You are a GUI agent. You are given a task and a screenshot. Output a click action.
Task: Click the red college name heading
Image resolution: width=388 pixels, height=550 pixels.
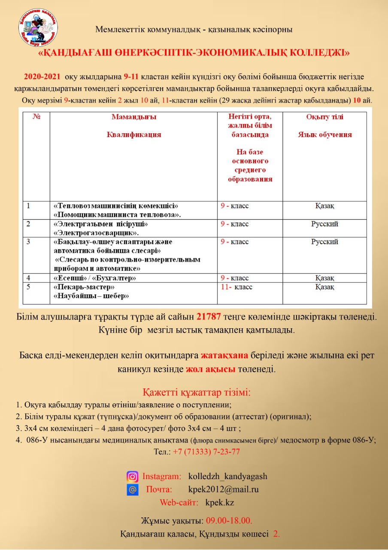[194, 53]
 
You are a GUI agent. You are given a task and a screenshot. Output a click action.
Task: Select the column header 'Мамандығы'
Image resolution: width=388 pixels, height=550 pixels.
[134, 117]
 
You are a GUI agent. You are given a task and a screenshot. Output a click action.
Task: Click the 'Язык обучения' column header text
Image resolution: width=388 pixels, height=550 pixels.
[324, 134]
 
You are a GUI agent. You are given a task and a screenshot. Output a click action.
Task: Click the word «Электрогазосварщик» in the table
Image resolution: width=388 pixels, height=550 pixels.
[95, 233]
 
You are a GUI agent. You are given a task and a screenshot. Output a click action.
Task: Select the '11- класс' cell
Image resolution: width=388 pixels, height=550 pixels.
[236, 287]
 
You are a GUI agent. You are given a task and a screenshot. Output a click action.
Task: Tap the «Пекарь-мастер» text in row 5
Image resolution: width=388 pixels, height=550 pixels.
[84, 287]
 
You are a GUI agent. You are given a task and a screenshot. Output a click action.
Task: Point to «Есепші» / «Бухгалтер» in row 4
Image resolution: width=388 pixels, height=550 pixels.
[94, 278]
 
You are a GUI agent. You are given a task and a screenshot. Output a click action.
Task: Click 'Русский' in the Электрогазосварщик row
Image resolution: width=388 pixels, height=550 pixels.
[324, 224]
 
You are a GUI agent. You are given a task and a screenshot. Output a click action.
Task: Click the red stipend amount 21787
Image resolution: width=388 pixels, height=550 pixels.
[209, 317]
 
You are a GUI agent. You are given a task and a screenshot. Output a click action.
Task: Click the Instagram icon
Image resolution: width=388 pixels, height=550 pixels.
[133, 476]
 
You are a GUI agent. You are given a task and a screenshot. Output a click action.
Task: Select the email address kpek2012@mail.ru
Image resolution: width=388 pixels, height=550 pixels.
[223, 489]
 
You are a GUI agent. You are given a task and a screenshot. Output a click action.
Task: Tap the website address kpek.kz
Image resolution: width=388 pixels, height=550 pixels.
[220, 502]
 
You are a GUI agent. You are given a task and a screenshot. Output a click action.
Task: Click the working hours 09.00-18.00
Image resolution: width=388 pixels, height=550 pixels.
[229, 520]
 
